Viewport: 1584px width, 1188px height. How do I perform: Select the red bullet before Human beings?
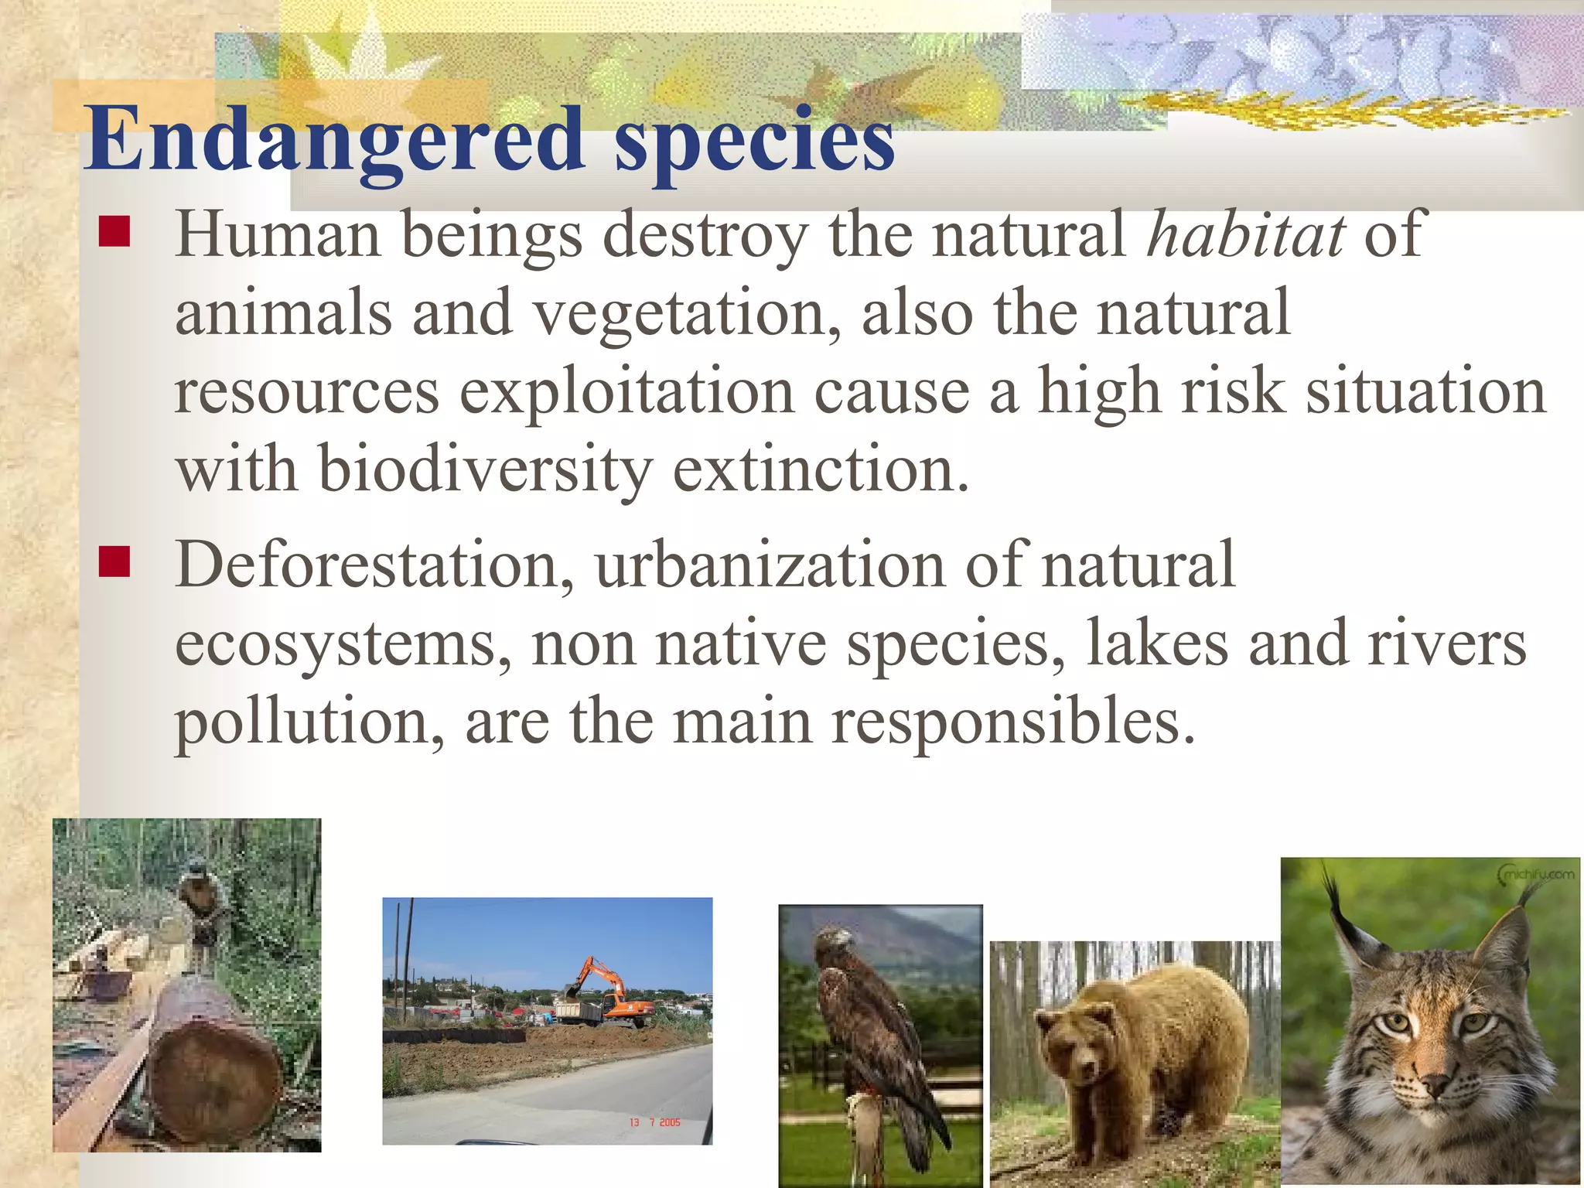point(114,231)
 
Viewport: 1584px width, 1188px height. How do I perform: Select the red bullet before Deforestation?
point(114,562)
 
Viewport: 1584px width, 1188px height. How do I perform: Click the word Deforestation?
point(374,565)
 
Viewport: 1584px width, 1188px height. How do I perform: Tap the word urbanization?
point(770,565)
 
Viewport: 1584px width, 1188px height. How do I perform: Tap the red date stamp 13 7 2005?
point(654,1122)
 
